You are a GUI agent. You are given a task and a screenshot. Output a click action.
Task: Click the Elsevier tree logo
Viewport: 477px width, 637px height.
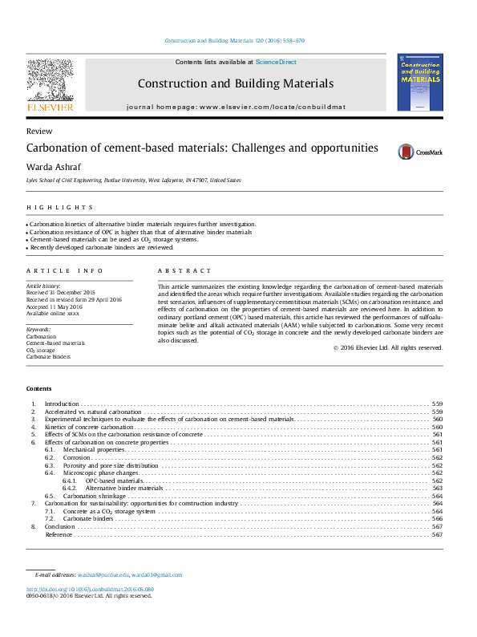50,83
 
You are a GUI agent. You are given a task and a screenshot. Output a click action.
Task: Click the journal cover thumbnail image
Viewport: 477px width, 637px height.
419,82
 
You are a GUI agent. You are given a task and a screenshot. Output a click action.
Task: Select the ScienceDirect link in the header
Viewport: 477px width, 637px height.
277,62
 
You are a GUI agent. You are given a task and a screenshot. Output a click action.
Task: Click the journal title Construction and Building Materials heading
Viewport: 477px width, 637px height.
235,83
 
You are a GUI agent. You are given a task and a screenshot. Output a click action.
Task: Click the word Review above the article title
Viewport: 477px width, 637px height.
39,131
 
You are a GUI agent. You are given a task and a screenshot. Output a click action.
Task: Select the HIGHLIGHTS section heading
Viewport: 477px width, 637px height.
54,207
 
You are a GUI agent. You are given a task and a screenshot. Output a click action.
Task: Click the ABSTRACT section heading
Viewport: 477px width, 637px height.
184,271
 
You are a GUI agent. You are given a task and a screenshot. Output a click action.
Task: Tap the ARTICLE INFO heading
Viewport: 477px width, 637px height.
64,271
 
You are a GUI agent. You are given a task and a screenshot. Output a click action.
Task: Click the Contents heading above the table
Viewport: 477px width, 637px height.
40,388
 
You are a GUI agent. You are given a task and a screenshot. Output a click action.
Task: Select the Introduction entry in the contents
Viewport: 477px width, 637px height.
62,404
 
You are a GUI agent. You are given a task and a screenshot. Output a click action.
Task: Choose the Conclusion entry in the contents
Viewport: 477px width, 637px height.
60,526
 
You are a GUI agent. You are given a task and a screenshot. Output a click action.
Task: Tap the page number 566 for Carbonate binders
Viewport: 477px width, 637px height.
437,518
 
